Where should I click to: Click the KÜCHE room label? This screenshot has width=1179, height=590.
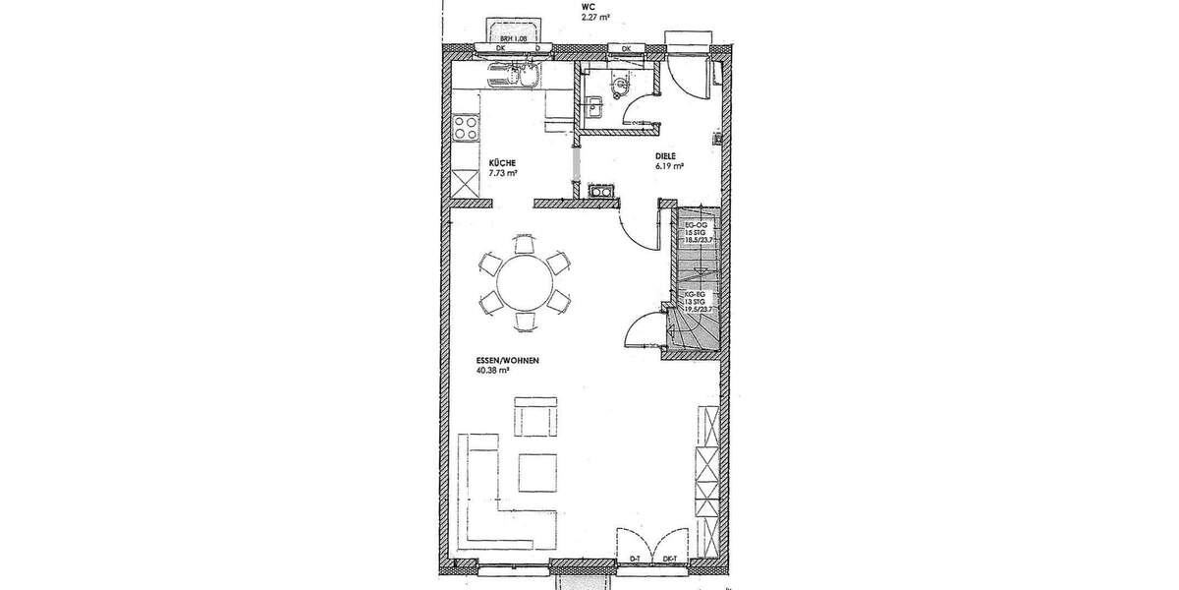502,163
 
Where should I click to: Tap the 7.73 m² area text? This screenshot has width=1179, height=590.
503,173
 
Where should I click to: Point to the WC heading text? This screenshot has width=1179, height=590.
588,6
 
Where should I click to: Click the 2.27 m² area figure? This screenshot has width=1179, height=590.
596,17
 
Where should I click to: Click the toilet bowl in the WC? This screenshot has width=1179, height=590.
618,88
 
